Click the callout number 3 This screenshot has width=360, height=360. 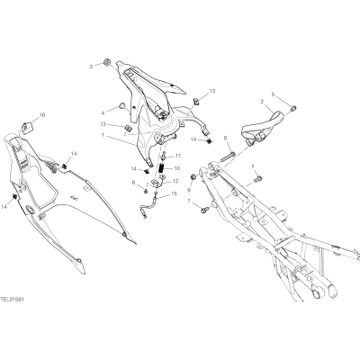click(91, 67)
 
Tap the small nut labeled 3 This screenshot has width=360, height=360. click(106, 62)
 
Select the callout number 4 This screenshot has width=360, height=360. click(103, 113)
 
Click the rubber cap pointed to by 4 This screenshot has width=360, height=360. click(121, 105)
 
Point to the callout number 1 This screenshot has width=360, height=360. click(103, 135)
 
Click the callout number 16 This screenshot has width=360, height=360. click(42, 115)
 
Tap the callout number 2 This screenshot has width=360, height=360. click(262, 102)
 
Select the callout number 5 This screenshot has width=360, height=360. click(273, 94)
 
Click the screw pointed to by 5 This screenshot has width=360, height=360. click(294, 107)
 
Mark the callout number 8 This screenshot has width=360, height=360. click(226, 139)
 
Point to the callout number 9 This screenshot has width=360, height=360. click(189, 190)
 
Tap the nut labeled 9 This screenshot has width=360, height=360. click(193, 177)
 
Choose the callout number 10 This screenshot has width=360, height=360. click(176, 168)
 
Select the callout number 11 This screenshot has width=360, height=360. click(178, 156)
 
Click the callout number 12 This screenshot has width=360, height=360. click(175, 181)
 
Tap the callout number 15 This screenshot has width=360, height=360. click(174, 194)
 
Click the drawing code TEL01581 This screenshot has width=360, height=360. click(13, 300)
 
